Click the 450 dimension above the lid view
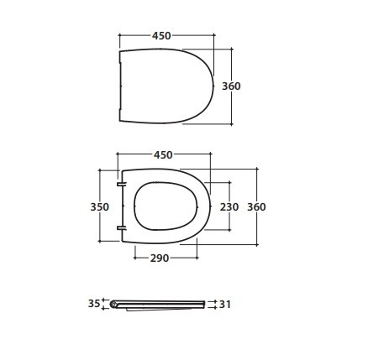(x=161, y=35)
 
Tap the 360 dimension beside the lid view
(x=231, y=86)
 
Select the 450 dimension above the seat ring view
(x=163, y=154)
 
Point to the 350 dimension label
(x=100, y=207)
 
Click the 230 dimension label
(x=229, y=207)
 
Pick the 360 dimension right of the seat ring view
(x=256, y=207)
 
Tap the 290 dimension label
(x=160, y=258)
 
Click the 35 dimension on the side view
(x=94, y=304)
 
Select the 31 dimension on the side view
(x=225, y=304)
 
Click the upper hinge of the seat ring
(x=122, y=184)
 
